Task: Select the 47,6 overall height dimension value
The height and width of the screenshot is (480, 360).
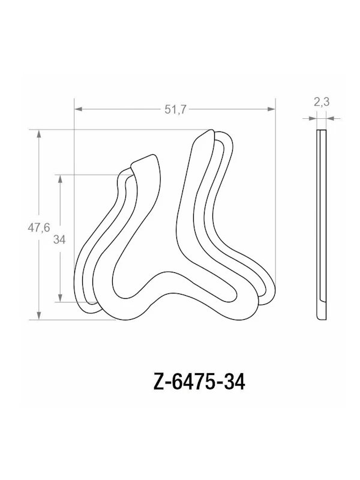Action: pos(38,226)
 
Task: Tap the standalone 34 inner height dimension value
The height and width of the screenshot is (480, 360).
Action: pos(59,239)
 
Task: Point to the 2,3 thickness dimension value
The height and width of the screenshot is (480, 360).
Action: pos(322,103)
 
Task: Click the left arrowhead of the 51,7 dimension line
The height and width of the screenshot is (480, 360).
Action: pos(78,109)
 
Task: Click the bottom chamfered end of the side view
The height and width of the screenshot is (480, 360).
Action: pos(322,315)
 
